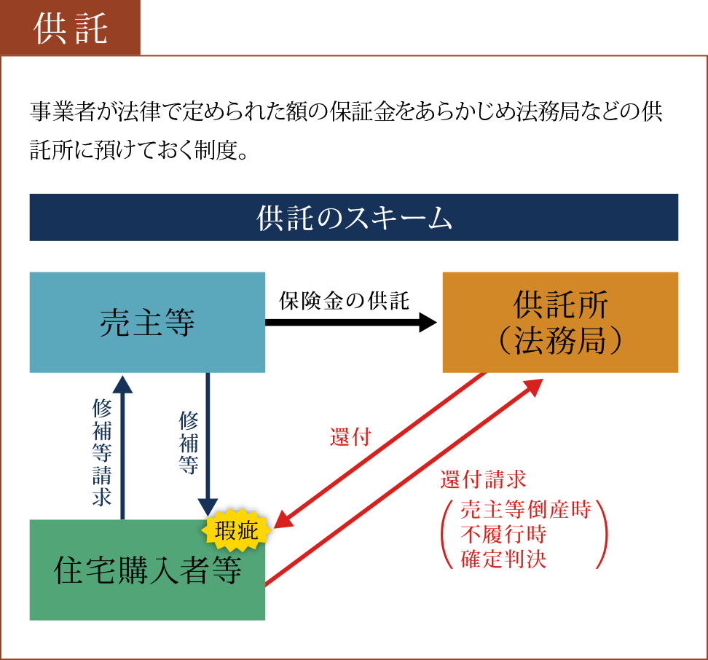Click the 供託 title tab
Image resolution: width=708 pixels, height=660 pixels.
tap(71, 28)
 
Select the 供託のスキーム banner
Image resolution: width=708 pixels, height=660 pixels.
tap(354, 217)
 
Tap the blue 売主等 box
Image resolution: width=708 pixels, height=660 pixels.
tap(147, 323)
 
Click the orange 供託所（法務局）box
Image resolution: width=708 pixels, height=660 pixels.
tap(560, 323)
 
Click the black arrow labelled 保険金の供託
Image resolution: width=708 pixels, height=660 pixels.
tap(350, 323)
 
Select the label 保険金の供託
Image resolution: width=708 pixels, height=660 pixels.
tap(345, 300)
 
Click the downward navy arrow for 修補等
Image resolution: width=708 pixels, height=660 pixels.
tap(208, 444)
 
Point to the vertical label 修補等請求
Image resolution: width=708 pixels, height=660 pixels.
tap(101, 452)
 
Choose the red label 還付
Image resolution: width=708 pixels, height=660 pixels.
tap(350, 438)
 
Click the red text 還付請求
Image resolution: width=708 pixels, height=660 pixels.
tap(483, 479)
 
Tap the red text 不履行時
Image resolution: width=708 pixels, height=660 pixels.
tap(503, 534)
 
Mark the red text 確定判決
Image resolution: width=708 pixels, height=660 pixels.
tap(503, 559)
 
